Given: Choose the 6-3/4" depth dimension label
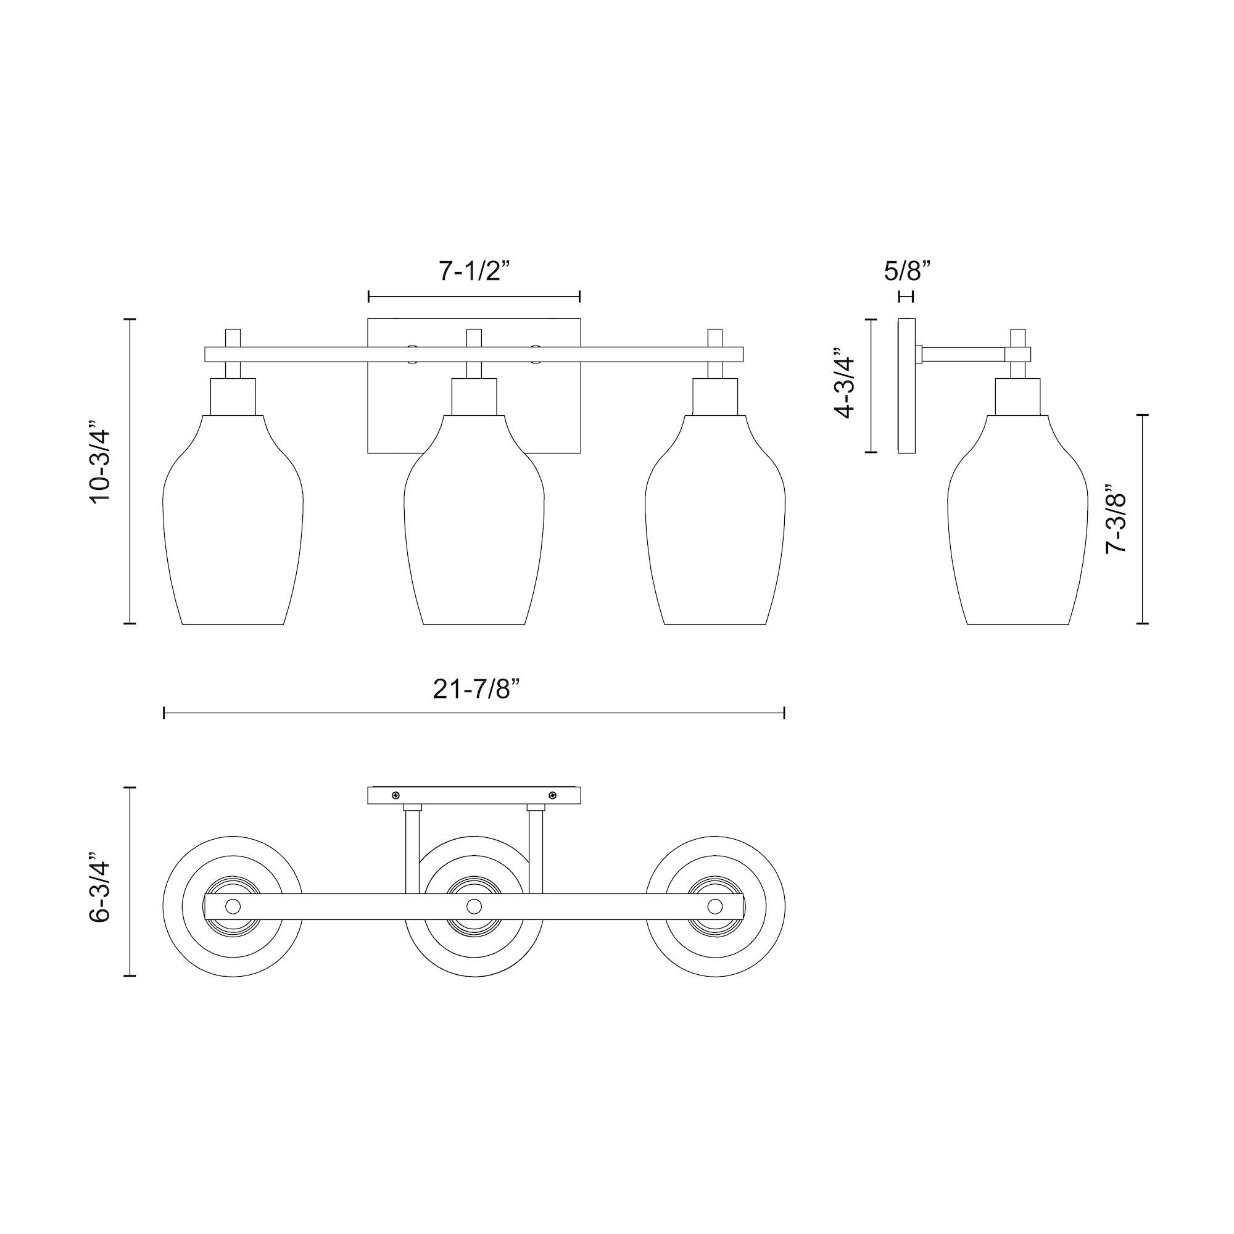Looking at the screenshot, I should [x=102, y=882].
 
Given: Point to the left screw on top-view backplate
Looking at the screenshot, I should [x=396, y=795].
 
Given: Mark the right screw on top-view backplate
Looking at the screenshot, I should [x=552, y=795].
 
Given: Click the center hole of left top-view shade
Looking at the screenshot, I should [x=233, y=906].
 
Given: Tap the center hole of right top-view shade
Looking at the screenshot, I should [x=714, y=906].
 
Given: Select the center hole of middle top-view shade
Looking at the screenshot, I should [x=474, y=906].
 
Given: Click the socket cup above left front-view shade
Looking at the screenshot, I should [x=233, y=397].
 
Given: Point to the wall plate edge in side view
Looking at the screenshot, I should [x=906, y=386].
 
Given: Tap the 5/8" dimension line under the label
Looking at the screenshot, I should [x=906, y=296].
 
